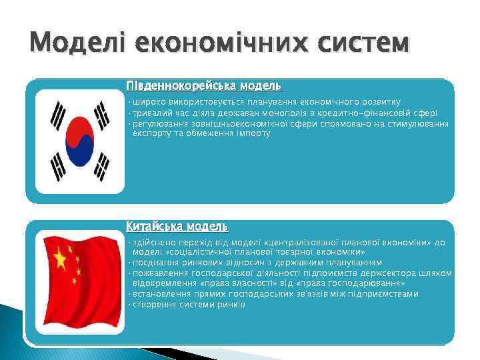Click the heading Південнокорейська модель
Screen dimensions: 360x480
point(203,86)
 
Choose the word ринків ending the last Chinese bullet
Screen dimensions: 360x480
point(231,305)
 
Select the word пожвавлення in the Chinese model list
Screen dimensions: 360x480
point(159,273)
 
